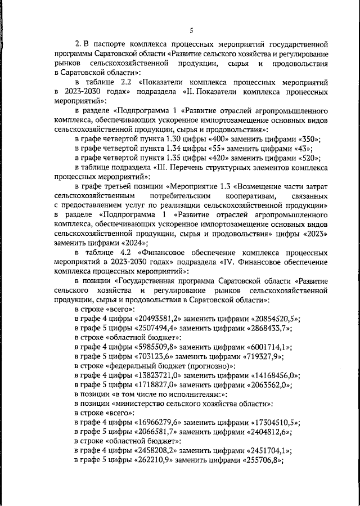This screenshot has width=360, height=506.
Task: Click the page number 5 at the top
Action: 191,30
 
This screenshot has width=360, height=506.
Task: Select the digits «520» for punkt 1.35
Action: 308,157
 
